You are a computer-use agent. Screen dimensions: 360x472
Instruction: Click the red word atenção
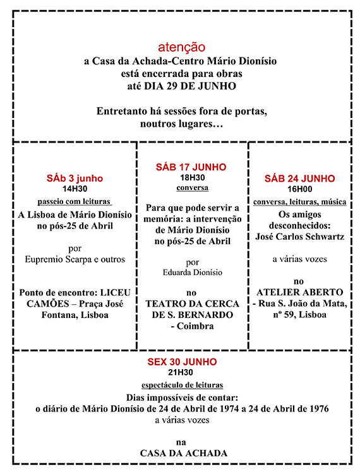pos(181,47)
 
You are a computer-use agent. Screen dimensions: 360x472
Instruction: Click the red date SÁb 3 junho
pos(75,178)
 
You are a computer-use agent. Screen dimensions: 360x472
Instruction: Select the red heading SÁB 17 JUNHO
pos(191,167)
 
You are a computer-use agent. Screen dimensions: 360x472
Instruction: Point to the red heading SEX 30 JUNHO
pos(182,362)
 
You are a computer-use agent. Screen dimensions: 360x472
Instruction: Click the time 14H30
pos(75,189)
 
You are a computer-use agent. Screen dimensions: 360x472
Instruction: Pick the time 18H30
pos(191,178)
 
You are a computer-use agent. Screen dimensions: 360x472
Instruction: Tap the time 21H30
pos(182,373)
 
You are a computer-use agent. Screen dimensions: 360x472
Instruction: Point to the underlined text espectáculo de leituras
pos(182,384)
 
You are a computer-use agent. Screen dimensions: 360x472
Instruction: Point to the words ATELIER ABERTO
pos(299,292)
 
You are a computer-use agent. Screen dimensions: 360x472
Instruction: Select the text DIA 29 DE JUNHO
pos(203,86)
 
